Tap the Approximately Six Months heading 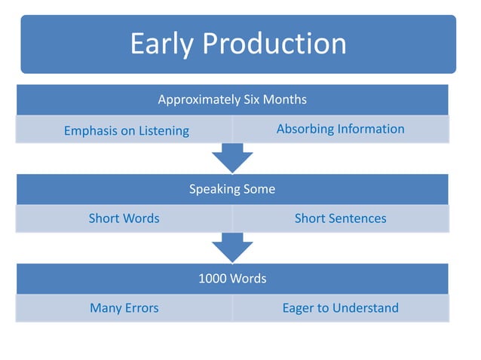232,99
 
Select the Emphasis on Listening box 126,130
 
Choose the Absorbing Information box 340,129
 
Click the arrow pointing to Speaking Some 232,158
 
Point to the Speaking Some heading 232,189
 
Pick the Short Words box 124,218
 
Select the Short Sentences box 340,218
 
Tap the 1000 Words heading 232,279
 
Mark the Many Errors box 124,308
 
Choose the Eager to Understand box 340,308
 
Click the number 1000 212,279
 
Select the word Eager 299,308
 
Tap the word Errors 141,308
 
